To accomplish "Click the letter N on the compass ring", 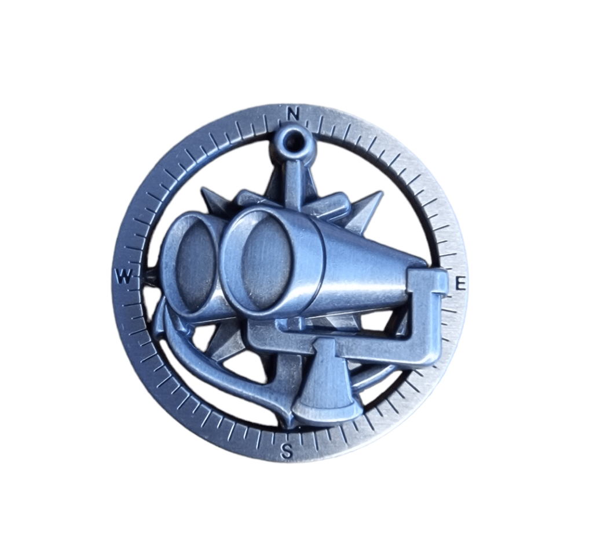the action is (x=292, y=114).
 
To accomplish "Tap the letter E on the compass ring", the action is (x=460, y=283).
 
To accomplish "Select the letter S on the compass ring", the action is (x=287, y=452).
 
